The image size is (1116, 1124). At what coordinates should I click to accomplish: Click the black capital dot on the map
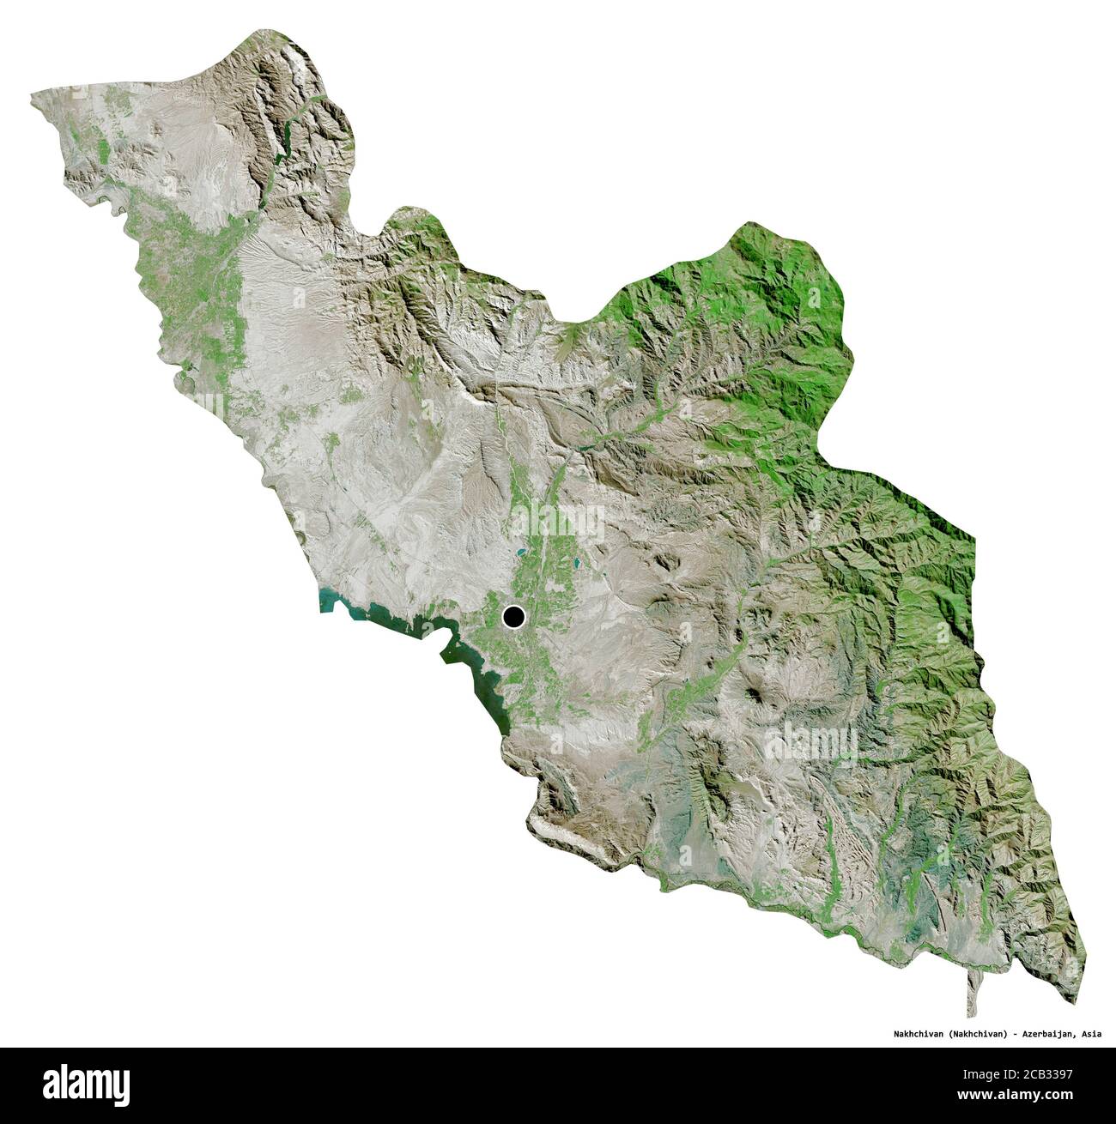click(x=513, y=616)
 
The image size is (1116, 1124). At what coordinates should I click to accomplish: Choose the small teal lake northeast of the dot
click(x=573, y=566)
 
